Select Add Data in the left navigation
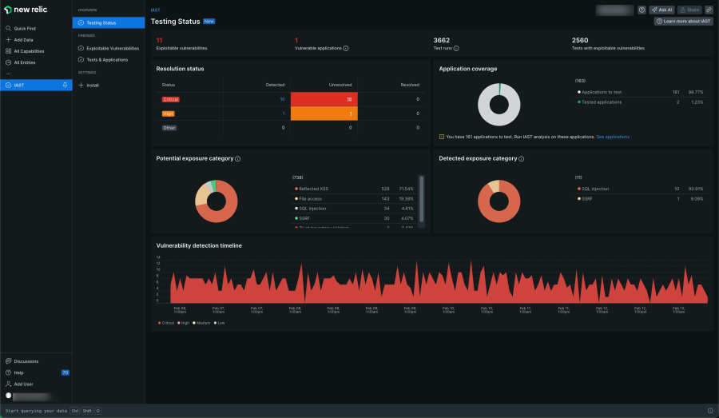pyautogui.click(x=23, y=39)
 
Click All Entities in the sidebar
pyautogui.click(x=25, y=62)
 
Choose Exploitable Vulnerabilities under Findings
pyautogui.click(x=113, y=48)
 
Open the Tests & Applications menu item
pyautogui.click(x=107, y=60)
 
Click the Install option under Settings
pyautogui.click(x=93, y=85)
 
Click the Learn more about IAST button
pyautogui.click(x=683, y=22)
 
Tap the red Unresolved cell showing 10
pyautogui.click(x=348, y=99)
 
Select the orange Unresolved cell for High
pyautogui.click(x=348, y=113)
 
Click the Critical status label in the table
pyautogui.click(x=170, y=99)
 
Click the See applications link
pyautogui.click(x=613, y=137)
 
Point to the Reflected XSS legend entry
pyautogui.click(x=315, y=189)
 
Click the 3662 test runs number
pyautogui.click(x=442, y=39)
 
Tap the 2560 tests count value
pyautogui.click(x=581, y=39)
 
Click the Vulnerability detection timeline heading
pyautogui.click(x=199, y=245)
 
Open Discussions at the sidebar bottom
pyautogui.click(x=26, y=361)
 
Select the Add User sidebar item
pyautogui.click(x=23, y=384)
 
